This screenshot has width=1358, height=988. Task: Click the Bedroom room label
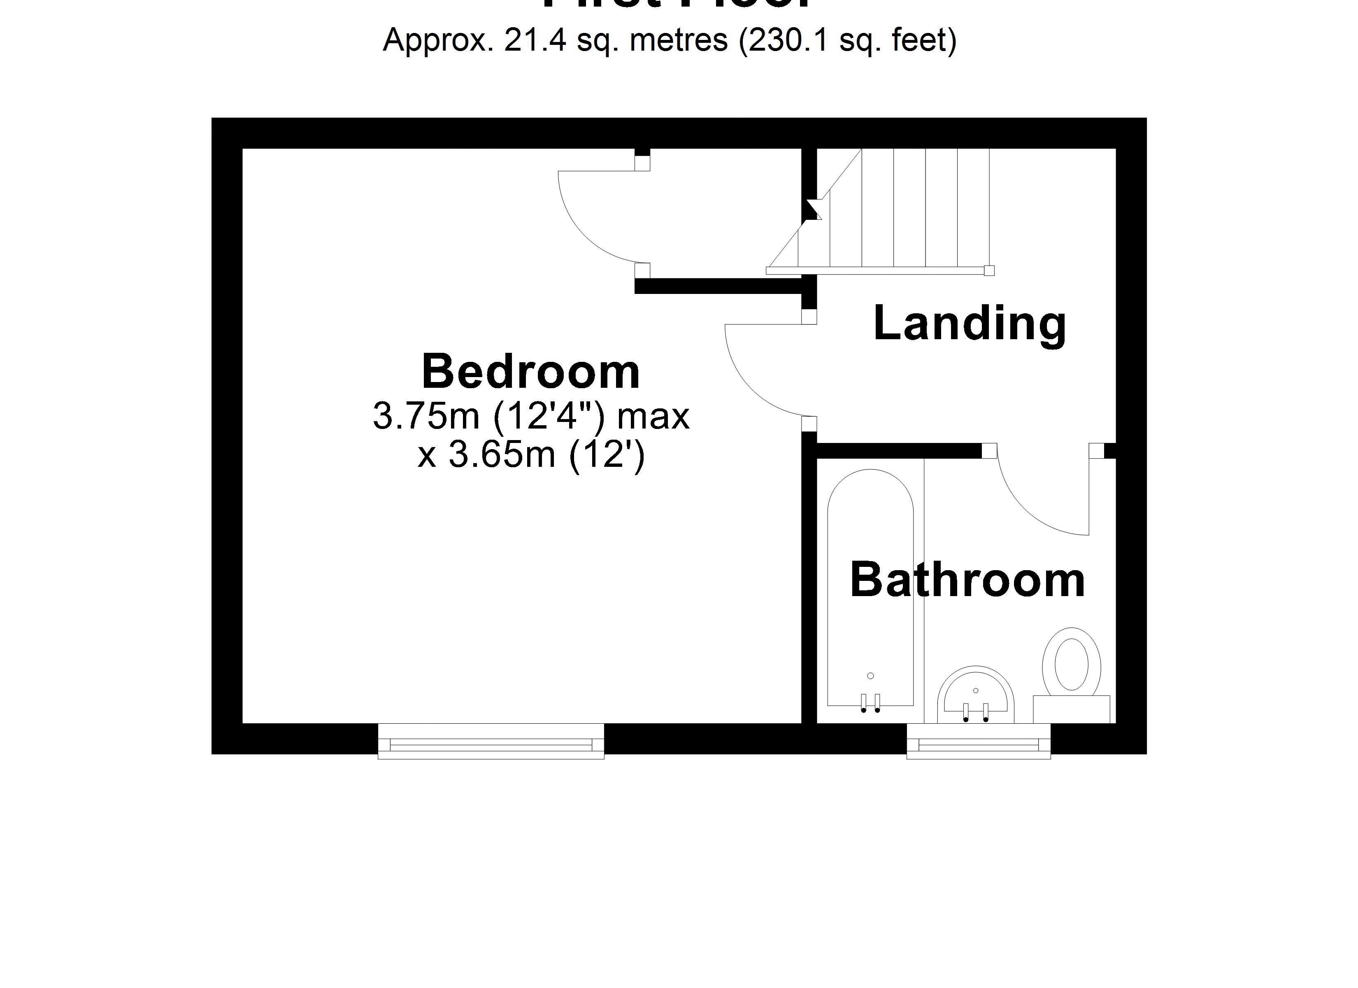click(530, 372)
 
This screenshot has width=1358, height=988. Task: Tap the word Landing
click(970, 324)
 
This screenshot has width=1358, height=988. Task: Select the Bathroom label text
click(967, 580)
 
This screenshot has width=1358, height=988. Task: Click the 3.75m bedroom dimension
click(426, 416)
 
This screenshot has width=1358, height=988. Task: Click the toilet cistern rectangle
click(1071, 709)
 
